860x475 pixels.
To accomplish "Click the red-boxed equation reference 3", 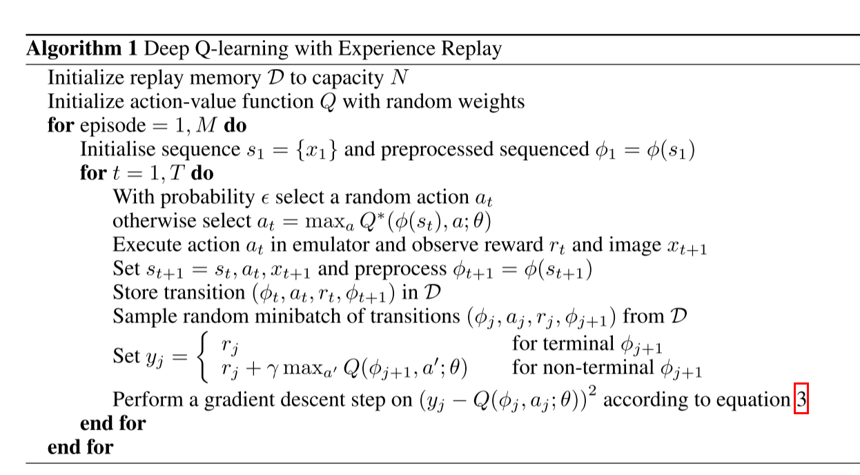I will [x=801, y=400].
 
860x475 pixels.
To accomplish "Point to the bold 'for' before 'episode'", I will [x=61, y=126].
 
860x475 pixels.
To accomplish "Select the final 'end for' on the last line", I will [x=80, y=447].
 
